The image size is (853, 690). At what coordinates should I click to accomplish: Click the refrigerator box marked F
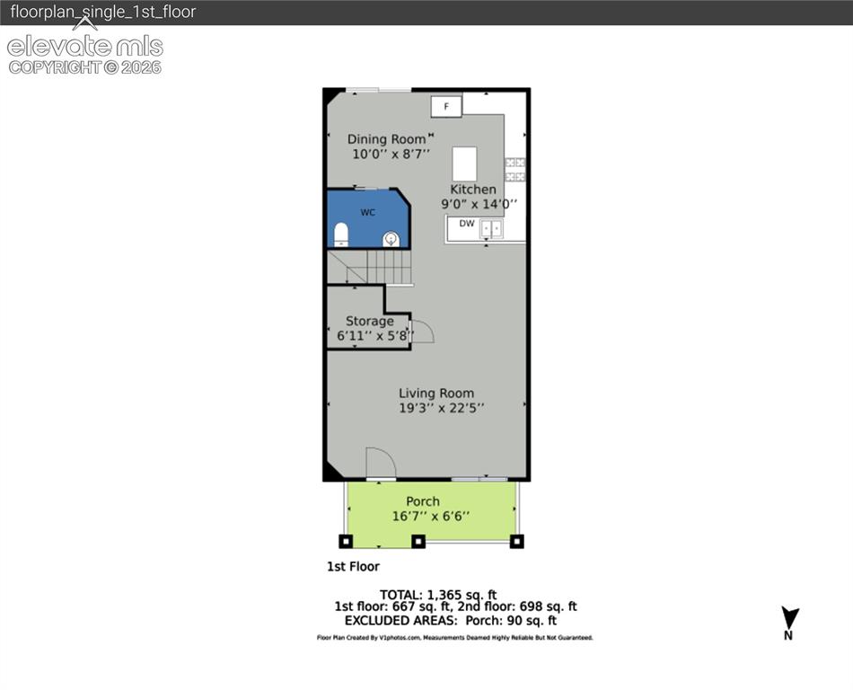[x=446, y=106]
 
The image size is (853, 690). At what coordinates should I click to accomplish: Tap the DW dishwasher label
[x=467, y=223]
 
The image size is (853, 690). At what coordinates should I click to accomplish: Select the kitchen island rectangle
[x=464, y=164]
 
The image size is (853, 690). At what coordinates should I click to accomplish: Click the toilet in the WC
[x=341, y=234]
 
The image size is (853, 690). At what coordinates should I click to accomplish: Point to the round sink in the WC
[x=391, y=239]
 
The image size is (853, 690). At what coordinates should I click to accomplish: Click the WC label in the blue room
[x=368, y=212]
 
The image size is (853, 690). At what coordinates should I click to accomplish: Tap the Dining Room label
[x=387, y=139]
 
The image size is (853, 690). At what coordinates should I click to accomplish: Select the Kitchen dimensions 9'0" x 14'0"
[x=479, y=204]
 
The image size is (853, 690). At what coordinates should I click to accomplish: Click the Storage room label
[x=370, y=321]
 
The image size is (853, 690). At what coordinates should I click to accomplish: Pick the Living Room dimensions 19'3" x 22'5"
[x=441, y=408]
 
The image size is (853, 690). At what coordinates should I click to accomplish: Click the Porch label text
[x=423, y=501]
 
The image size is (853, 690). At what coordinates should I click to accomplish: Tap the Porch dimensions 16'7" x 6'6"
[x=430, y=516]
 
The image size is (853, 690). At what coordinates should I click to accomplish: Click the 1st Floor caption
[x=353, y=567]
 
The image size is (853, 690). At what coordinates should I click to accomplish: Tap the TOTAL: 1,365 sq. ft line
[x=438, y=595]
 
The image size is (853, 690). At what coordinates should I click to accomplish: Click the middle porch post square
[x=418, y=541]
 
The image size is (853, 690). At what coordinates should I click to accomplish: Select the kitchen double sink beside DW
[x=491, y=228]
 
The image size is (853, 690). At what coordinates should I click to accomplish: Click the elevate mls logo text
[x=85, y=47]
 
